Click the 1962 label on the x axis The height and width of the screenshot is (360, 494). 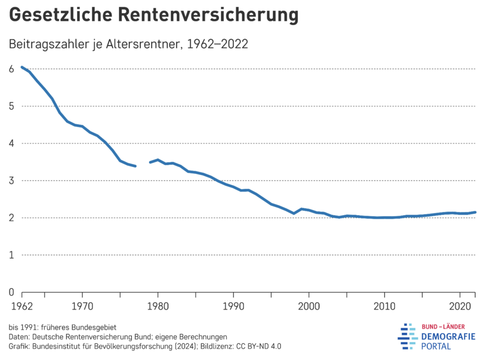click(x=22, y=305)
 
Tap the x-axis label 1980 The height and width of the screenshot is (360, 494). click(x=158, y=305)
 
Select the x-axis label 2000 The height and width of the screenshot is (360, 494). click(x=309, y=305)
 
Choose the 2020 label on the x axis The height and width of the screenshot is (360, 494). click(x=460, y=305)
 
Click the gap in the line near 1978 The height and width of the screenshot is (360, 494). click(x=143, y=164)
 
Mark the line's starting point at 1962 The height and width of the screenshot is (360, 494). click(x=22, y=67)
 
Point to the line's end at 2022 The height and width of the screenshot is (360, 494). click(x=475, y=212)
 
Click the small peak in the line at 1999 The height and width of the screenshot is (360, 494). click(x=302, y=209)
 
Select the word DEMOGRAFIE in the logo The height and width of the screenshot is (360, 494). click(x=448, y=336)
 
